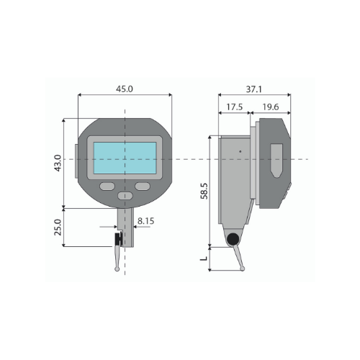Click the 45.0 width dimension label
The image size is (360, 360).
coord(125,89)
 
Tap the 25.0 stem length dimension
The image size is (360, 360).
coord(58,228)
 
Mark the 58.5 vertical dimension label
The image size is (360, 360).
coord(204,192)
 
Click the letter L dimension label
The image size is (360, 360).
coord(204,255)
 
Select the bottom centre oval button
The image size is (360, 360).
coord(125,196)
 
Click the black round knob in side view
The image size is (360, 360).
coord(233,240)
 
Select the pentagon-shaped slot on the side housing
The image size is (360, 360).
coord(276,161)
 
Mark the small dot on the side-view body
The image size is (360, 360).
coord(240,153)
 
